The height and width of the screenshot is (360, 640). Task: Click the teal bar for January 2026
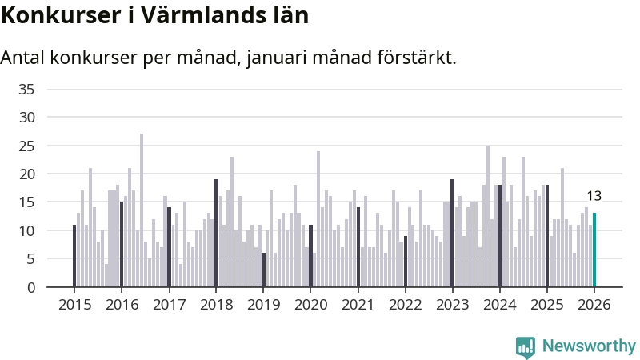coord(594,250)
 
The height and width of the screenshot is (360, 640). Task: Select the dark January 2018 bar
coord(216,233)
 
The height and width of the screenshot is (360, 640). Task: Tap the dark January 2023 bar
coord(452,233)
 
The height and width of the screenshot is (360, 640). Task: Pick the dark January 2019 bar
coord(263,270)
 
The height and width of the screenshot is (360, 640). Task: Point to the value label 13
coord(594,196)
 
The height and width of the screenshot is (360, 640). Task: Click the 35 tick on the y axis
coord(26,89)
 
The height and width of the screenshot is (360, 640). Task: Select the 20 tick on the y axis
coord(26,174)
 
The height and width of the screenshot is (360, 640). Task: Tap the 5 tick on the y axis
coord(30,259)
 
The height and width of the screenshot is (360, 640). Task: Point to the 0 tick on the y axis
coord(30,287)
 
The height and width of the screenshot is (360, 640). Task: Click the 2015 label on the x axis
coord(75,305)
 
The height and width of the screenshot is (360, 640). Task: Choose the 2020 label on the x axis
coord(311,305)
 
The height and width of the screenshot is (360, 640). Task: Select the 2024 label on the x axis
coord(500,305)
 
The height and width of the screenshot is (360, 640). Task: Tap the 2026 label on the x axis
coord(594,305)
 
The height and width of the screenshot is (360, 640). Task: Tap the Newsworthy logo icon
coord(526,346)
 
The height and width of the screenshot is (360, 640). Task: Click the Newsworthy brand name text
coord(589,346)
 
